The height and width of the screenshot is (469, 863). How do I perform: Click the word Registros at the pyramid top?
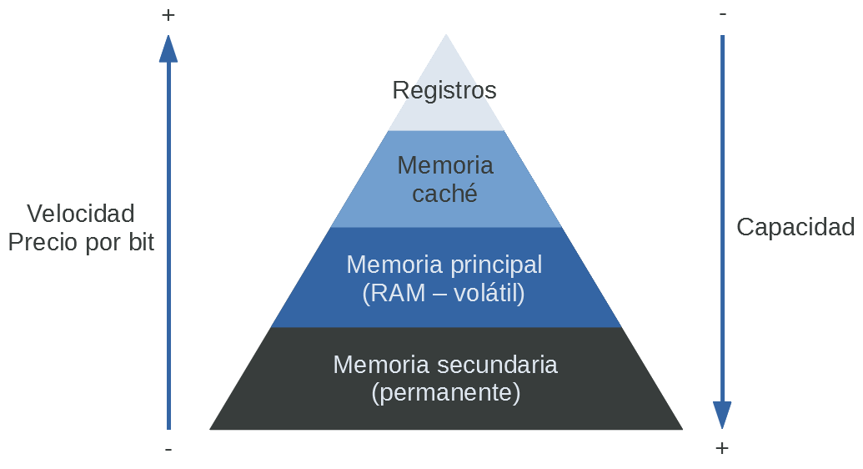point(444,90)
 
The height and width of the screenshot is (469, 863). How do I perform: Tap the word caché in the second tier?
point(445,194)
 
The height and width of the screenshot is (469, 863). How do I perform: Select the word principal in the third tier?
point(496,265)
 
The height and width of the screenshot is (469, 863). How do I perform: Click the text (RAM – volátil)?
point(444,293)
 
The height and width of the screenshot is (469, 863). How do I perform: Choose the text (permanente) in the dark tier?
point(445,392)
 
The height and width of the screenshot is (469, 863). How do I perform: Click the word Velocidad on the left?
point(81,214)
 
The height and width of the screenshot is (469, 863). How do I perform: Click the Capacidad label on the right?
point(795,227)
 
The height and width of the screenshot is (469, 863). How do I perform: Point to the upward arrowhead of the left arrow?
point(168,48)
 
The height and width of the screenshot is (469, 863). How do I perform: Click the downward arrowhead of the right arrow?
point(722,415)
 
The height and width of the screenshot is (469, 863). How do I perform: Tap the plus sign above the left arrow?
point(168,15)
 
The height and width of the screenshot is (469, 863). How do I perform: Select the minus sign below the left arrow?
point(168,449)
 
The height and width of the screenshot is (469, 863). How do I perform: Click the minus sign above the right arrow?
point(722,14)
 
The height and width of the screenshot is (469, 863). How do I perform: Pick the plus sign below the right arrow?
point(722,448)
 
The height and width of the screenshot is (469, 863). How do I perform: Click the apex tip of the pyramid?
point(446,37)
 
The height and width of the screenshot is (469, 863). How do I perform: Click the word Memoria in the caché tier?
point(445,165)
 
